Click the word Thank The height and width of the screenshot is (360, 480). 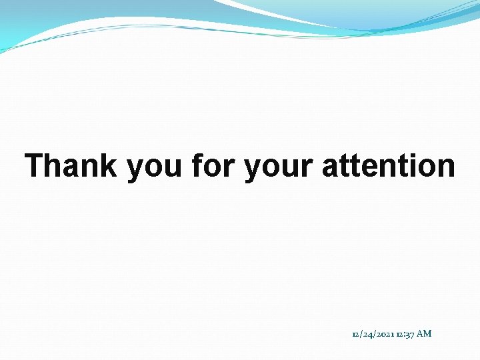71,166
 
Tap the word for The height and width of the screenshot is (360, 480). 213,166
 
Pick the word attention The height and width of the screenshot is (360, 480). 389,166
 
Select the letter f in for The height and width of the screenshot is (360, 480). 196,166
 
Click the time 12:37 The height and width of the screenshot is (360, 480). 405,333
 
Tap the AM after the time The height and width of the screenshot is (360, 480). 424,333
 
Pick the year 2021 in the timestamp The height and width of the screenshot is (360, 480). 385,333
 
